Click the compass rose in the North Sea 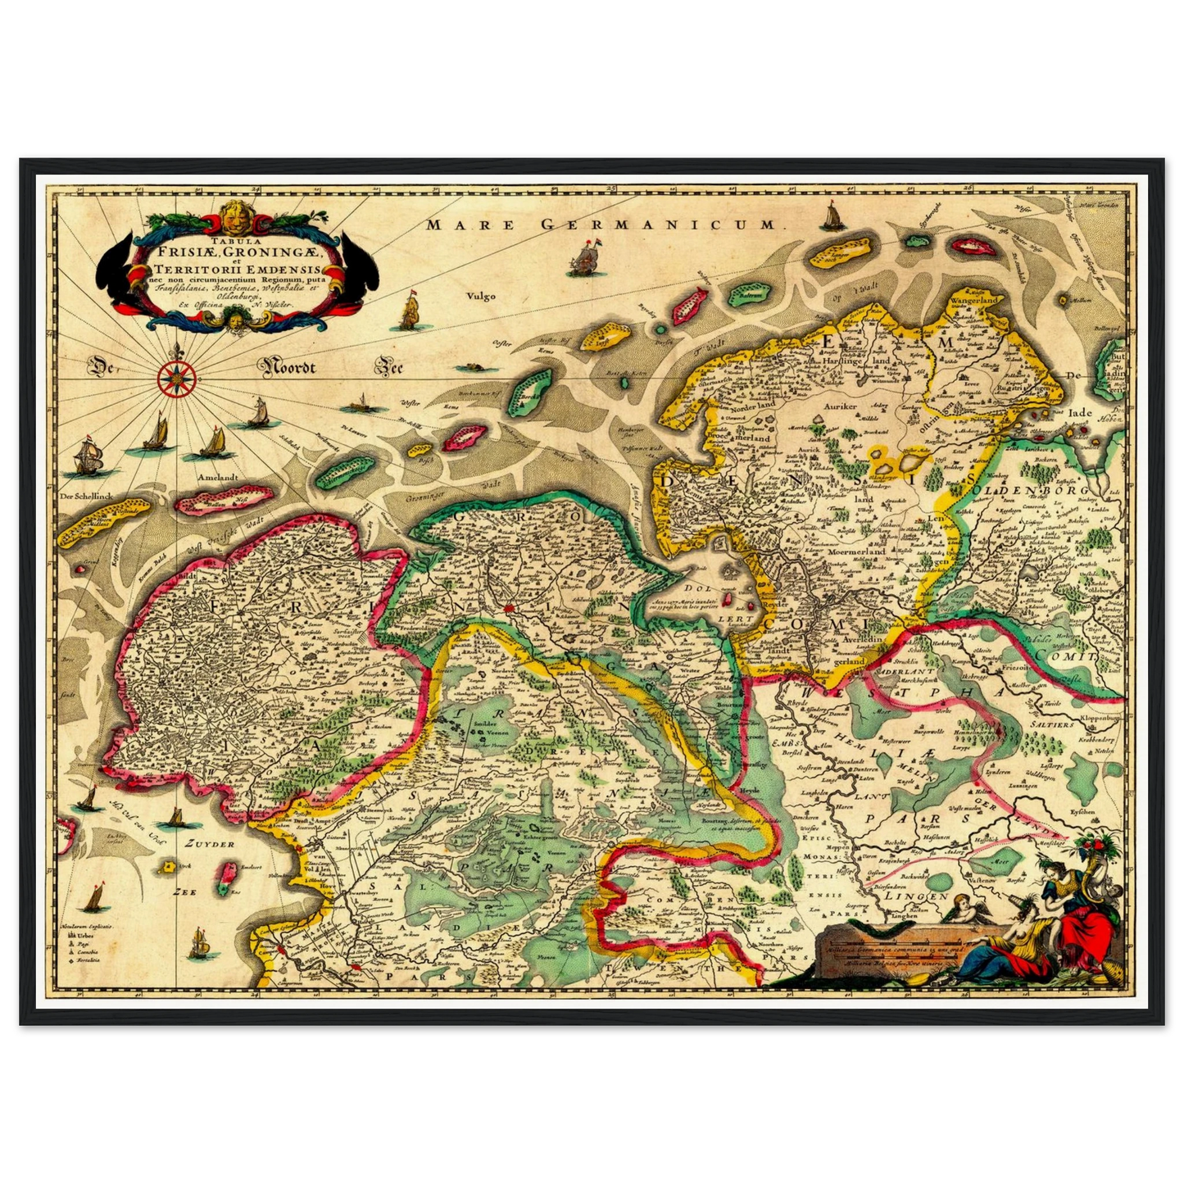pyautogui.click(x=174, y=379)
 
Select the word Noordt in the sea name pyautogui.click(x=289, y=367)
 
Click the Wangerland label pyautogui.click(x=973, y=301)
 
